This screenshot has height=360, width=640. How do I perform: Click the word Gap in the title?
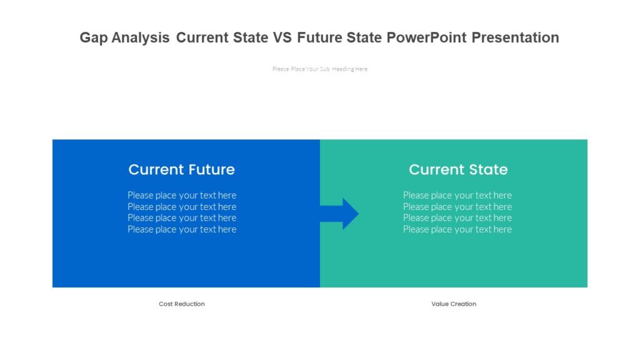click(x=93, y=37)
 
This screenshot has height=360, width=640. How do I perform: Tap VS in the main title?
click(x=282, y=37)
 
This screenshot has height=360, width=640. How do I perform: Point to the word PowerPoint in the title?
click(x=426, y=37)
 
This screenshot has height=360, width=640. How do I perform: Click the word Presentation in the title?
click(x=515, y=37)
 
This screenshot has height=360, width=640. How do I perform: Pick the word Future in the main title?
click(x=319, y=37)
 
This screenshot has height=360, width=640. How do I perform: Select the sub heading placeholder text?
click(x=320, y=69)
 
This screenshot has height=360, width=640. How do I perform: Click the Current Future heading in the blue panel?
click(x=181, y=169)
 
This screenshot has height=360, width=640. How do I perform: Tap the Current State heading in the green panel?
click(x=458, y=169)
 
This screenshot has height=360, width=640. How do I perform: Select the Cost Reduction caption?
click(x=182, y=304)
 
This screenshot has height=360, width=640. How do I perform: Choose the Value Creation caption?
click(x=454, y=304)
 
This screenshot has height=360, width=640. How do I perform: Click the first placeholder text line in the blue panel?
click(x=182, y=195)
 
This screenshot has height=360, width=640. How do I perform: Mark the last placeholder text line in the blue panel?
click(x=182, y=229)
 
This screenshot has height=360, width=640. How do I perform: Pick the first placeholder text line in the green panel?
click(x=457, y=195)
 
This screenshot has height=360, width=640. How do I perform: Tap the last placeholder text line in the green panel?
click(x=457, y=229)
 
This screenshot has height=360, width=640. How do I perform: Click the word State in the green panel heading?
click(x=489, y=169)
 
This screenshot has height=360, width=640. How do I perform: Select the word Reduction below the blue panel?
click(x=190, y=304)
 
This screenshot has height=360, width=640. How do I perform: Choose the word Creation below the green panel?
click(x=463, y=304)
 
